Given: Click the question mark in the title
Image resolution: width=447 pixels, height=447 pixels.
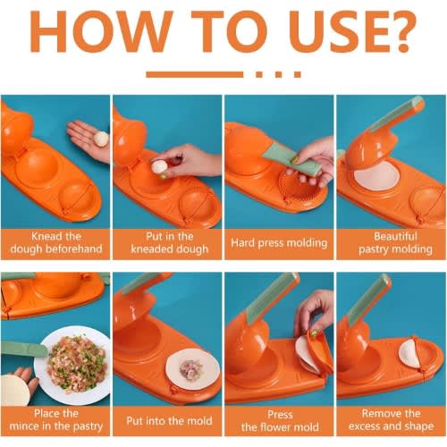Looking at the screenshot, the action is (399, 31).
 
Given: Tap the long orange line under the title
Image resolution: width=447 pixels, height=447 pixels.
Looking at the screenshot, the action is (194, 74).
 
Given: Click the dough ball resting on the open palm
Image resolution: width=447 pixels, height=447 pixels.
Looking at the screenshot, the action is (101, 139).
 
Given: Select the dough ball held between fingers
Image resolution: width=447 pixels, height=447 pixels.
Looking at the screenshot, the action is (159, 166).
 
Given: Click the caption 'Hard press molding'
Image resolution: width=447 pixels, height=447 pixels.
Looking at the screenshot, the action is (279, 243).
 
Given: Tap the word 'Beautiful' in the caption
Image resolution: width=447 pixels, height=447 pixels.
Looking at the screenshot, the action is (395, 236).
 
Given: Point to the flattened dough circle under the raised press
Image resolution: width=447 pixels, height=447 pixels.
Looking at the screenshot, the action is (376, 178).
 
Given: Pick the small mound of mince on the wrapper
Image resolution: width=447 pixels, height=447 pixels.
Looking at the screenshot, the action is (190, 370).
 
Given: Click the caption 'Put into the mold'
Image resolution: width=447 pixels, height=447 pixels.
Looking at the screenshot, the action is (169, 421).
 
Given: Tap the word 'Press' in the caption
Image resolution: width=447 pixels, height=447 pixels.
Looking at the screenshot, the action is (280, 415).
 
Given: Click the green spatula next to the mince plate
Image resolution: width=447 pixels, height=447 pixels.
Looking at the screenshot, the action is (24, 350).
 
